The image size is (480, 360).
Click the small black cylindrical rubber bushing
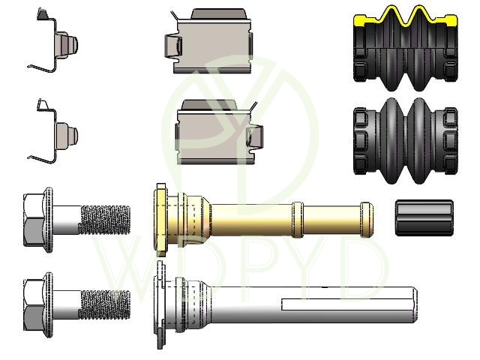tap(424, 218)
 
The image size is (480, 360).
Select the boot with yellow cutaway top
tap(406, 48)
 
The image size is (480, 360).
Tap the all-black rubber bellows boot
tap(406, 141)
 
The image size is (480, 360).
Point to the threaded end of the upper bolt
tap(105, 220)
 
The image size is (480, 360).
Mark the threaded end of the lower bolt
tap(105, 305)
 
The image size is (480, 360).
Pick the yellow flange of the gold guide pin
tap(161, 220)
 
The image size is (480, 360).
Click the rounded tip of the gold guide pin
tap(367, 220)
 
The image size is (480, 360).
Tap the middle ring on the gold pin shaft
tap(298, 220)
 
